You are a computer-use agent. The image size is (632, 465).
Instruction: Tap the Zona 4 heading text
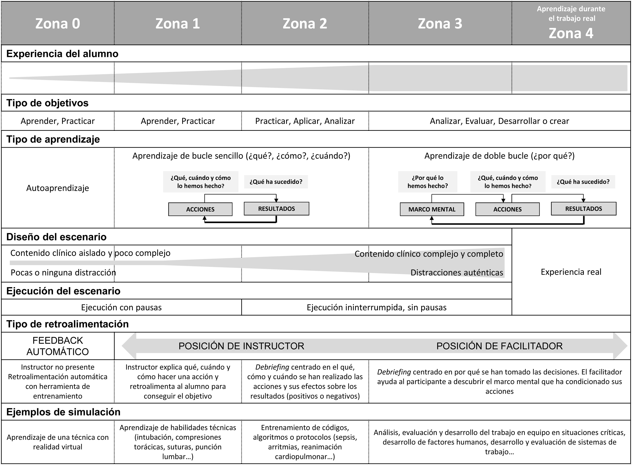(571, 33)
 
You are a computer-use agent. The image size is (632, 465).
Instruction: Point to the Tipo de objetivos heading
(47, 103)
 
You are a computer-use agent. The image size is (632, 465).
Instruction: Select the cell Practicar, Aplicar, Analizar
(305, 121)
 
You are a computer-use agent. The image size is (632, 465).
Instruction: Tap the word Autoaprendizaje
(58, 188)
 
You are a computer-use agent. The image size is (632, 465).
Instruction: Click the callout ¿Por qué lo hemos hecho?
(428, 182)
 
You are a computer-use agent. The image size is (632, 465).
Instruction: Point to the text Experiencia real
(571, 272)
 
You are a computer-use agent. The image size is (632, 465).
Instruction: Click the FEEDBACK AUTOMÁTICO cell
(58, 346)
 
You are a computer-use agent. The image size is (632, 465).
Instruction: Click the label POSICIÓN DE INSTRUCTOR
(241, 346)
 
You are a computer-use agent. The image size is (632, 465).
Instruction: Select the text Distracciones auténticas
(457, 272)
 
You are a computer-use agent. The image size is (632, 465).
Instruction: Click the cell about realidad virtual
(58, 442)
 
